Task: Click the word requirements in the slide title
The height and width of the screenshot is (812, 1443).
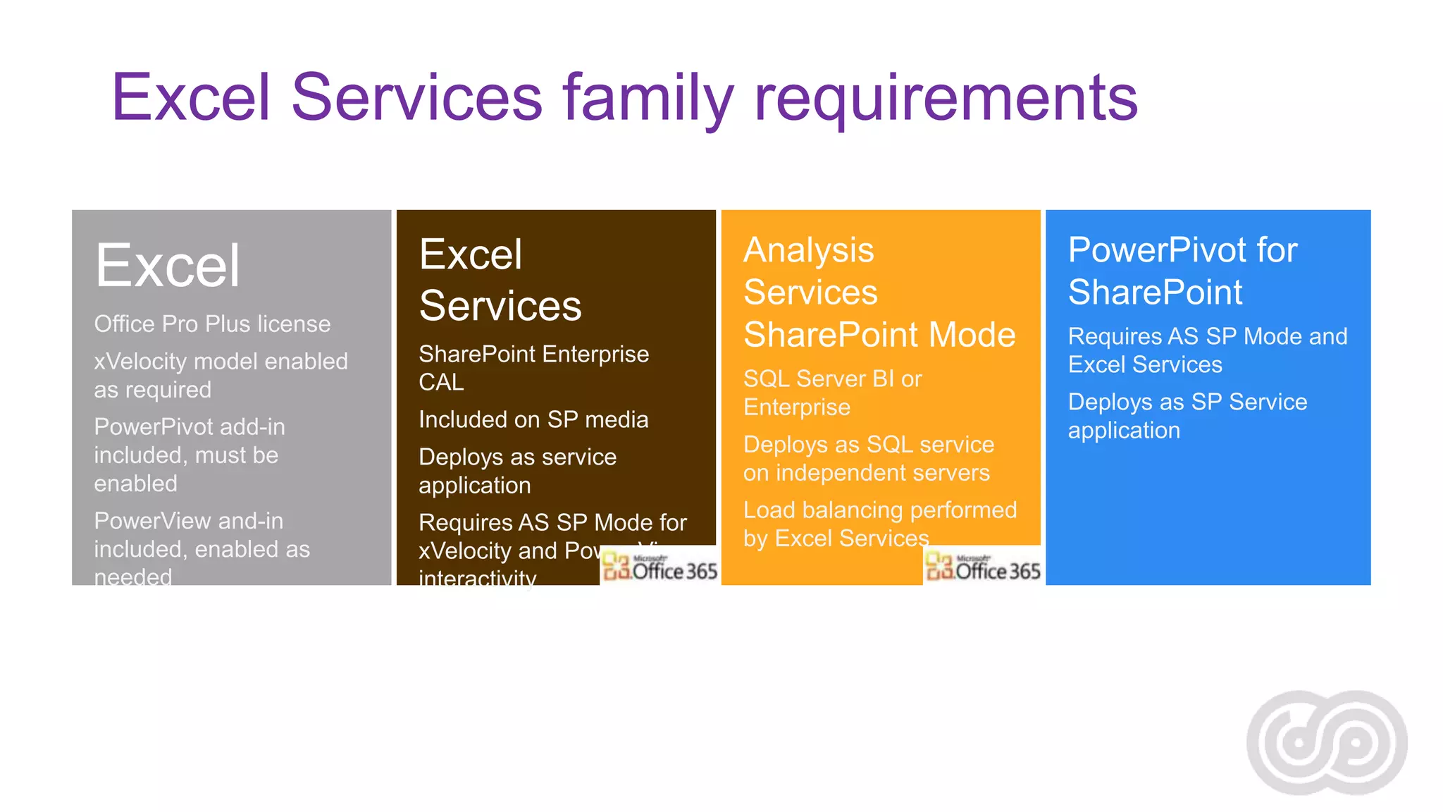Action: point(946,99)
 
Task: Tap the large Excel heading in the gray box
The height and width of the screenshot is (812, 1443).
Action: point(168,266)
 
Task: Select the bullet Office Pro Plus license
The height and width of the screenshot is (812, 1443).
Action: point(212,324)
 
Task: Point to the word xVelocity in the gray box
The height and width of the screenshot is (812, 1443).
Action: point(140,362)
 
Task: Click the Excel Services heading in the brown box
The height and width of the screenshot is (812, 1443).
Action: point(500,280)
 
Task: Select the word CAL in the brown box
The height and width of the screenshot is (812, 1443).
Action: point(441,383)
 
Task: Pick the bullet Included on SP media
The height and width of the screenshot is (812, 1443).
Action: point(533,420)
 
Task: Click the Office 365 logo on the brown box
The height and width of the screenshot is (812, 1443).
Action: point(659,567)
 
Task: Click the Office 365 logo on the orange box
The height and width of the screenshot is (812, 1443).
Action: point(982,567)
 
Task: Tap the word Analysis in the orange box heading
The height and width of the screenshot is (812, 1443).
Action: point(808,250)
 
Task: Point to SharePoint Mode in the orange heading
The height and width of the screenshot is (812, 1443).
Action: point(879,335)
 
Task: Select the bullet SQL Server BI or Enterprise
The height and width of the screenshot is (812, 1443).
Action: point(831,393)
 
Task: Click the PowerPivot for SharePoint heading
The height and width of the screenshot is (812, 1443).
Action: point(1182,271)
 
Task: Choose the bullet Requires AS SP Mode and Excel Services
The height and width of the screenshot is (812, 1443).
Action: point(1207,350)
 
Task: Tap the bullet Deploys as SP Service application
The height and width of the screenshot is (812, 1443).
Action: point(1187,416)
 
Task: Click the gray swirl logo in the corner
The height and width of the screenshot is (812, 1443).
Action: point(1327,742)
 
